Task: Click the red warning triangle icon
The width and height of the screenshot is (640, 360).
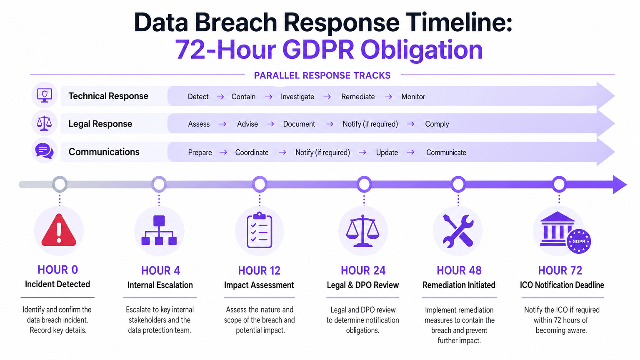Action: tap(59, 230)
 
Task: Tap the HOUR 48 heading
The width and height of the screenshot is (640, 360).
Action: tap(459, 270)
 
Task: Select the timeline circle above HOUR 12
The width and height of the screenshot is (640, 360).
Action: tap(260, 184)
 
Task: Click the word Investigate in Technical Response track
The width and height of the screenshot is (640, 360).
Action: tap(297, 97)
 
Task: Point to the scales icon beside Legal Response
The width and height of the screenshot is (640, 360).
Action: tap(44, 123)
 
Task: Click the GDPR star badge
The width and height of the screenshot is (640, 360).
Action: tap(578, 241)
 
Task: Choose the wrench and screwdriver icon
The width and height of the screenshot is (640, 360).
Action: tap(458, 231)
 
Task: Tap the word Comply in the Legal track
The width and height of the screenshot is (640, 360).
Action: tap(437, 124)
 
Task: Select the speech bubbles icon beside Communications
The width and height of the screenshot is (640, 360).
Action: tap(44, 151)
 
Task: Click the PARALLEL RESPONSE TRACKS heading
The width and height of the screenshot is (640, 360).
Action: tap(322, 75)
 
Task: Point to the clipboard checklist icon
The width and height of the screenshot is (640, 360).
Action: tap(259, 230)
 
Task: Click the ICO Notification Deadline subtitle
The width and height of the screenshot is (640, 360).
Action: tap(562, 285)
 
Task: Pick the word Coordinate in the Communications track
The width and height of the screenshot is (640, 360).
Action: tap(252, 152)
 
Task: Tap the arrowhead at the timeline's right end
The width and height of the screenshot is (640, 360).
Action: tap(619, 184)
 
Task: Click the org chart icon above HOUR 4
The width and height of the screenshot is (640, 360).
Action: tap(159, 230)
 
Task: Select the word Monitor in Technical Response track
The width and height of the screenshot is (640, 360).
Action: tap(413, 97)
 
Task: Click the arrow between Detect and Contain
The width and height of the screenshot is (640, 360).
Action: tap(220, 97)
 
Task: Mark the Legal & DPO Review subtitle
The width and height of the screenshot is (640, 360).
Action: tap(362, 285)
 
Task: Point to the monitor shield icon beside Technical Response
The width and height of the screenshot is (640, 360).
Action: tap(44, 95)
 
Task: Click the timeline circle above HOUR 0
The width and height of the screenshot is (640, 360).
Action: tap(60, 184)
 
